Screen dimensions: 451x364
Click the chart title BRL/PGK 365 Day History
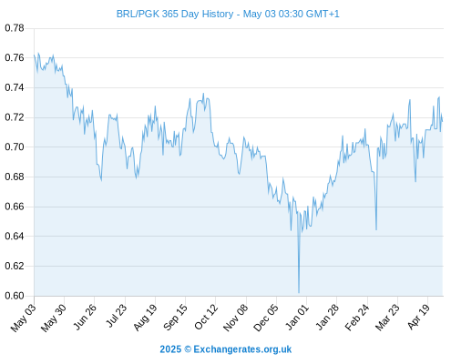[175, 14]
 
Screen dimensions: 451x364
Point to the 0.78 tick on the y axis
[15, 28]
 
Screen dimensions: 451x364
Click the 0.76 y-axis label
[15, 57]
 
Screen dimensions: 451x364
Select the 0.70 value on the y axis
[15, 147]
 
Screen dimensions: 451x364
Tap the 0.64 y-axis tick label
[15, 236]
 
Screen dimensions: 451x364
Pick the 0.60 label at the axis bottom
[15, 296]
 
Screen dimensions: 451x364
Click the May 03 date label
[24, 318]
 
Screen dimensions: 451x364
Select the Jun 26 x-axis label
[85, 317]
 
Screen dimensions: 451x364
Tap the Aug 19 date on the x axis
[145, 317]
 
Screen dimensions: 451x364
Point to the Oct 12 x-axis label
[206, 317]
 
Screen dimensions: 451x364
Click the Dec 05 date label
[265, 318]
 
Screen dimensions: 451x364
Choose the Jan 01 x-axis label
[297, 317]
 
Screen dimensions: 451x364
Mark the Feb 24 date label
[357, 317]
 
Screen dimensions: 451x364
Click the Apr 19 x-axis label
[418, 317]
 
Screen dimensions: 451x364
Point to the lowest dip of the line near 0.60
[299, 293]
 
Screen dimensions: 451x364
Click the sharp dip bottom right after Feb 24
[376, 229]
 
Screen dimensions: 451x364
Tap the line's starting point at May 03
[35, 56]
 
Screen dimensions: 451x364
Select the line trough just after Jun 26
[101, 180]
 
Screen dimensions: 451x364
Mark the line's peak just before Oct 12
[203, 94]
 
